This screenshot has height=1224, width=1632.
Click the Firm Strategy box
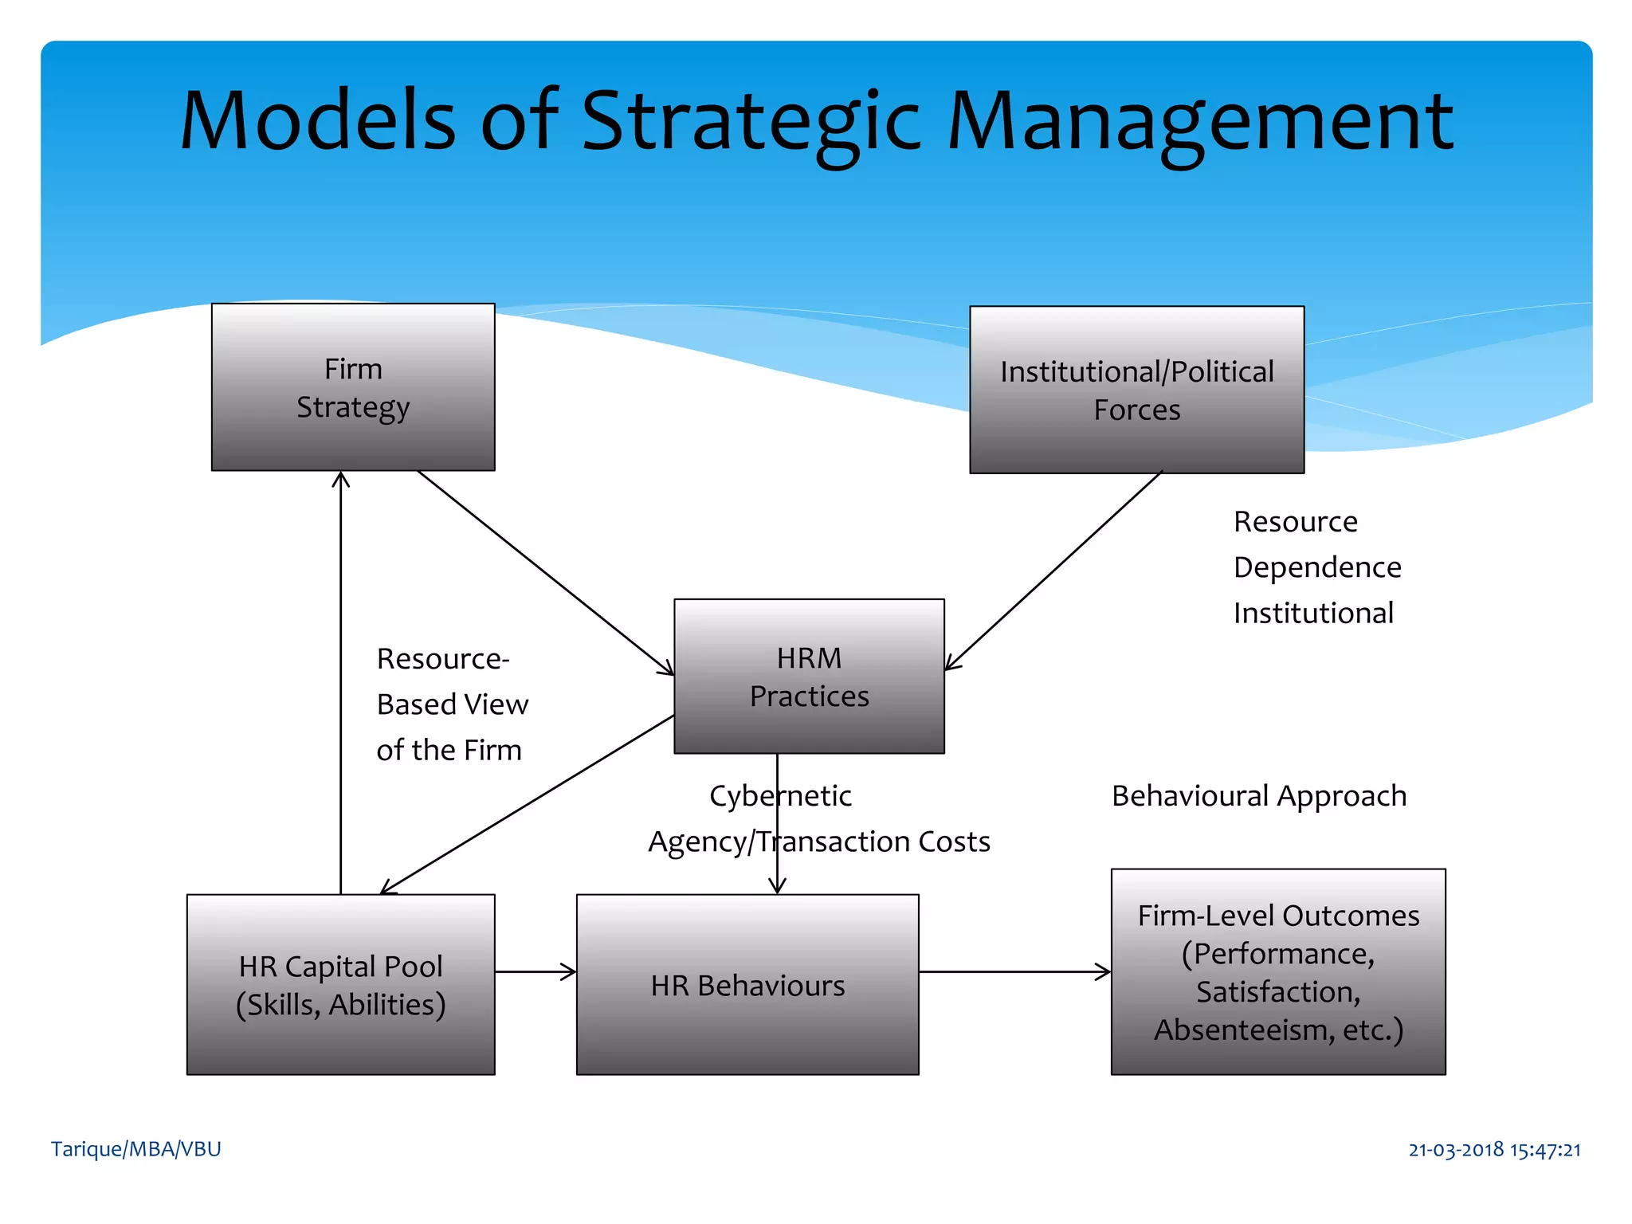(353, 387)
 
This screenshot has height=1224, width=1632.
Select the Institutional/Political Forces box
(1136, 390)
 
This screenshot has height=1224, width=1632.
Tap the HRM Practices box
(809, 677)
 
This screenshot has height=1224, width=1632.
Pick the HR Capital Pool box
(340, 985)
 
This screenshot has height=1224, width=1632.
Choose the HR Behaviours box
(747, 985)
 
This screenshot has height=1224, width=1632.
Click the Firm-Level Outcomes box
(1277, 972)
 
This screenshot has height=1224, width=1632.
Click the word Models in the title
(318, 121)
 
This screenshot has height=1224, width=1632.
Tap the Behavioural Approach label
(1258, 796)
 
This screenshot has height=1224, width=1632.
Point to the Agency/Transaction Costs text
(818, 841)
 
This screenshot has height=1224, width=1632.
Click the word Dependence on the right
(1316, 567)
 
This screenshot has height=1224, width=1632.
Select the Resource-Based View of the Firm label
(452, 704)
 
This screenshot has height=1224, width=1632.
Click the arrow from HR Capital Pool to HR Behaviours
(534, 971)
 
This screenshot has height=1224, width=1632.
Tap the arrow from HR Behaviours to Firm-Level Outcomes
(1014, 971)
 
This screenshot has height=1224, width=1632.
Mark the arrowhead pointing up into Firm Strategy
(341, 479)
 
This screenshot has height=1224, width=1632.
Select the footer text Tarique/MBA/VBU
(135, 1149)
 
